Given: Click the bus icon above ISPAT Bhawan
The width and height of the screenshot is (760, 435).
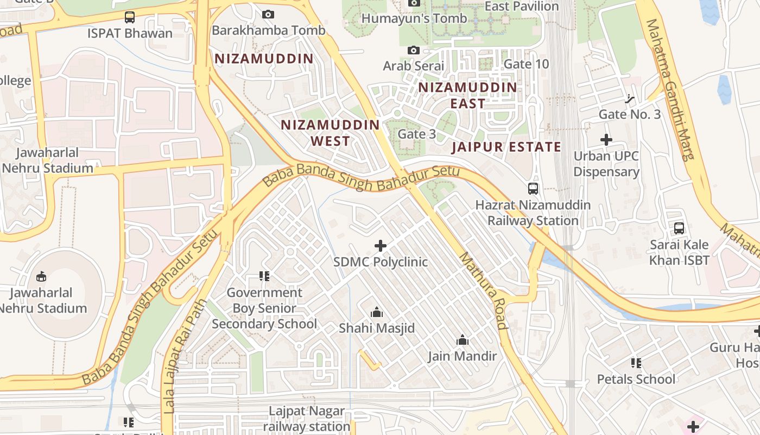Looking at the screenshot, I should click(130, 17).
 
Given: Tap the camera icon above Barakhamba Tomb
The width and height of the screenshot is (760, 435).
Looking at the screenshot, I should click(268, 15).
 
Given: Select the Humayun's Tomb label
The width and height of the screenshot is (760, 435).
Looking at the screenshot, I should click(414, 18).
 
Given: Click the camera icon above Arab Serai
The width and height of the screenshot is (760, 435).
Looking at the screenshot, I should click(414, 51).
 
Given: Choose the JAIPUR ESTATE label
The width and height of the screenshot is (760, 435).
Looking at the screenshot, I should click(506, 147).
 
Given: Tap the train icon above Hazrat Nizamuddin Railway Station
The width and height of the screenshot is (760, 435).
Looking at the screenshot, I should click(533, 189).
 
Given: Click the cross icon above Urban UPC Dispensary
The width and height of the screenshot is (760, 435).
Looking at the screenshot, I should click(606, 140).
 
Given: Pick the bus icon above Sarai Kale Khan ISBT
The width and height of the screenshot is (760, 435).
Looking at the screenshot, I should click(679, 228).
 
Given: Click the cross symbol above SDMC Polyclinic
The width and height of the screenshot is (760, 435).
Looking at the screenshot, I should click(381, 246).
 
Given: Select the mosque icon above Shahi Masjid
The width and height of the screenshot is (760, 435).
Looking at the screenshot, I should click(376, 312).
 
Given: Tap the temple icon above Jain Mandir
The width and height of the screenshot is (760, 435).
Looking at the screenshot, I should click(463, 340).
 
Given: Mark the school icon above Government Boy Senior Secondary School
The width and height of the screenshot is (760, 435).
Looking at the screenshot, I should click(264, 276).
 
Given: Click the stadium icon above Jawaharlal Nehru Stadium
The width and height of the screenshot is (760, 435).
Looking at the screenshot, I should click(41, 277).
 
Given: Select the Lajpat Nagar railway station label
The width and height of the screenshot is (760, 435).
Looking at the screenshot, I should click(310, 419).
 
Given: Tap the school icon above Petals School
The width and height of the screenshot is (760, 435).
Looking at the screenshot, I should click(636, 363).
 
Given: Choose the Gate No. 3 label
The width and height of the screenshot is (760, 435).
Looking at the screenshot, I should click(630, 115).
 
